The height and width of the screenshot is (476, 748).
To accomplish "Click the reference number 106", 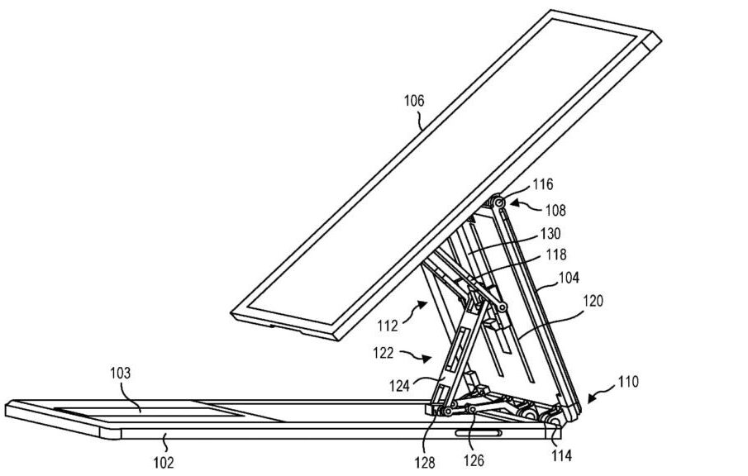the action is tap(413, 101).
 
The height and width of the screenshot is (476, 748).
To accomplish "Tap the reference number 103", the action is tap(120, 373).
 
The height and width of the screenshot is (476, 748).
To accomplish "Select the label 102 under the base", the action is tap(163, 462).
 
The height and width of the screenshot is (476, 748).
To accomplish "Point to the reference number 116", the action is tap(543, 184).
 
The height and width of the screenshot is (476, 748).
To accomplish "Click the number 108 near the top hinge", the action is tap(555, 210).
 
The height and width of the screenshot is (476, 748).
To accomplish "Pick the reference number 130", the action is tap(550, 234).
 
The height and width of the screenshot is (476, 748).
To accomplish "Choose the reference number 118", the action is tap(556, 255).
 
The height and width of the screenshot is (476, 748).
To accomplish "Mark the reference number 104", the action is tap(569, 278).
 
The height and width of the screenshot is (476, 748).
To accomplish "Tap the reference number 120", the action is tap(593, 301).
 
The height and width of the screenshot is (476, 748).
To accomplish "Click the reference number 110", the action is tap(628, 382).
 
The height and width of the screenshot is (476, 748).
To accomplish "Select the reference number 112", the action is tap(388, 326).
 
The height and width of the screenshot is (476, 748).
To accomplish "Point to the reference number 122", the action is tap(384, 353).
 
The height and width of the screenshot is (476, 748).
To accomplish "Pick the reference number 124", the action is tap(399, 385).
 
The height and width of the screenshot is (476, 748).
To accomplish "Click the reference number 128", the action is tap(425, 462).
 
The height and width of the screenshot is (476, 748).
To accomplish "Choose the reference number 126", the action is tap(474, 460).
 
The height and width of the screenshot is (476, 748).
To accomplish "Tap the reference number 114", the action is tap(561, 456).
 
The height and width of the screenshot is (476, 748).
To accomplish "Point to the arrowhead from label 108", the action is tap(514, 203).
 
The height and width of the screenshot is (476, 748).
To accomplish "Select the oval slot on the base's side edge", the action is tap(478, 432).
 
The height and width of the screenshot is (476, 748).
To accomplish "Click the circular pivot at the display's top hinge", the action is tap(499, 203).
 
